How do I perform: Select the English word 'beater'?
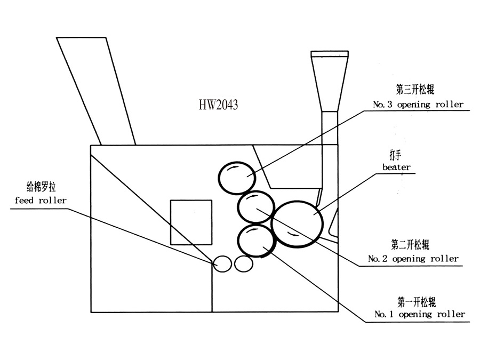pos(396,167)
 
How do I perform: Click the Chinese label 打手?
pos(396,154)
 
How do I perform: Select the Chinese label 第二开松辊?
pos(410,245)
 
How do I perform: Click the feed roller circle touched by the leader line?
pos(222,263)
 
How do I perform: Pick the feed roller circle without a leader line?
pos(243,263)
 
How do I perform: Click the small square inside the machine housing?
pos(190,222)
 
